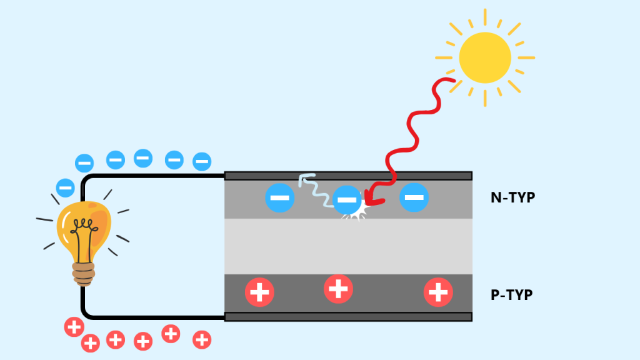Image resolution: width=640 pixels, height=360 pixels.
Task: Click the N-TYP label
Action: pos(513,198)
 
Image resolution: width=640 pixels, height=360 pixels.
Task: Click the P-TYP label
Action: pos(512,295)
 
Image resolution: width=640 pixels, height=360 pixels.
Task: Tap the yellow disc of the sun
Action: pos(484,57)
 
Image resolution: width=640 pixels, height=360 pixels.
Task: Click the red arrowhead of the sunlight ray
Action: pos(372,199)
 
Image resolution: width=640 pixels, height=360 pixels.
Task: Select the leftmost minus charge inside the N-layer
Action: pos(280,197)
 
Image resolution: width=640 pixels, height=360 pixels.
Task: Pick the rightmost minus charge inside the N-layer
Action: pos(414,197)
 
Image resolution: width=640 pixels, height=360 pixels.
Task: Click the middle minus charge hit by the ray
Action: pos(346,200)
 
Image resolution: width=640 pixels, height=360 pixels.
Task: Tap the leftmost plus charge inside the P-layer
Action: pos(259,292)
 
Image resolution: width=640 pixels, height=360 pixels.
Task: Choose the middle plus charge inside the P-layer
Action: pos(338,289)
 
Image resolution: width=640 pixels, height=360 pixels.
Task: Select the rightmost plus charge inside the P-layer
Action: pos(438,292)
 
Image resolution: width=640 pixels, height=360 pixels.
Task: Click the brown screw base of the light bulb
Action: pos(84,273)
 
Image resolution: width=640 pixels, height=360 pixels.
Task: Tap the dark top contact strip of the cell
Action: pos(348,176)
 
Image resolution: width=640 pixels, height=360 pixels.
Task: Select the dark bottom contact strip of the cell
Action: pos(348,317)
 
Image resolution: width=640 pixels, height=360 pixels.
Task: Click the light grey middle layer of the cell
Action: pos(348,246)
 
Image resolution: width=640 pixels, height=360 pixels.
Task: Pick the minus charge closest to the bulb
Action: pos(66,187)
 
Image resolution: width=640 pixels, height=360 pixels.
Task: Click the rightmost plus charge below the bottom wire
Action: pos(202,340)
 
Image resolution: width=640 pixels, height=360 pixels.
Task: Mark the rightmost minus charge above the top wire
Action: pos(201,161)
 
